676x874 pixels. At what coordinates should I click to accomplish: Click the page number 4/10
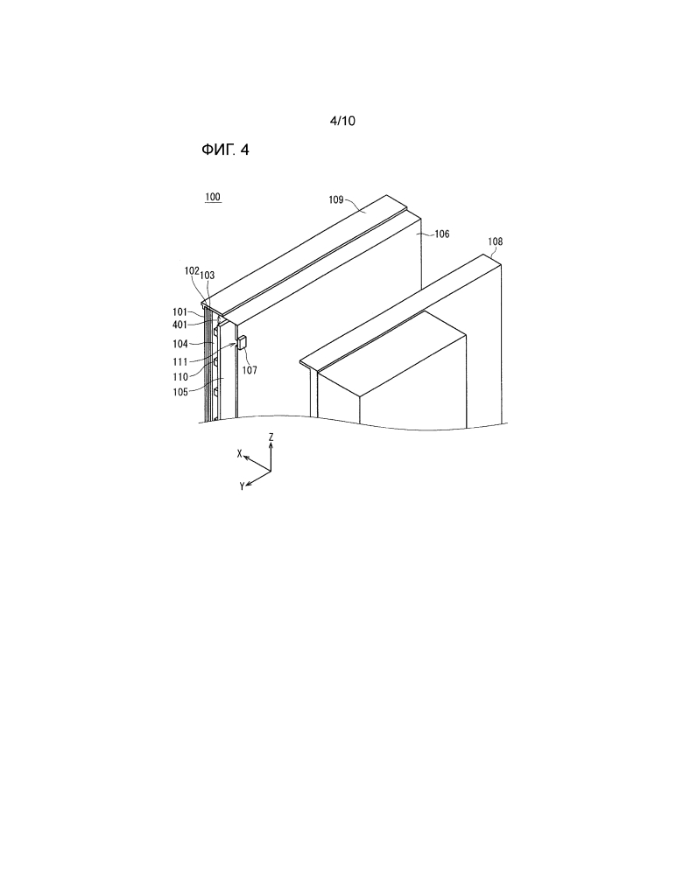(x=342, y=121)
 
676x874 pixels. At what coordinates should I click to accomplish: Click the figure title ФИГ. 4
(x=225, y=150)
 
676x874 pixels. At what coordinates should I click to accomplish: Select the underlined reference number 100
(x=213, y=197)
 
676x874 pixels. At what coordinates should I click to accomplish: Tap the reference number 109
(x=335, y=199)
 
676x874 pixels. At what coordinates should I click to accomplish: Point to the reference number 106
(x=441, y=234)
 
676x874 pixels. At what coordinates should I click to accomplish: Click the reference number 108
(x=496, y=241)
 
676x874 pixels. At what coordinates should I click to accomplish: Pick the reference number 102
(x=192, y=270)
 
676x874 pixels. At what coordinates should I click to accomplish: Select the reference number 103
(x=207, y=276)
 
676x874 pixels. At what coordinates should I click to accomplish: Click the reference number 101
(x=180, y=312)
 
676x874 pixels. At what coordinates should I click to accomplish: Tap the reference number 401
(x=180, y=325)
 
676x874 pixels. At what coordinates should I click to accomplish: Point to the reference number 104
(x=180, y=345)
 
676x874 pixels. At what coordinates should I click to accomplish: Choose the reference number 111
(x=180, y=363)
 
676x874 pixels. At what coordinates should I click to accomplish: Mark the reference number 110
(x=180, y=377)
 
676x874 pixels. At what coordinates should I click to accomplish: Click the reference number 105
(x=180, y=393)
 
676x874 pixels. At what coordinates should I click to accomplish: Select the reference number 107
(x=250, y=370)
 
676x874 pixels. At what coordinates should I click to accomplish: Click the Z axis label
(x=271, y=437)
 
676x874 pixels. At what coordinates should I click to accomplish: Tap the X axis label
(x=239, y=454)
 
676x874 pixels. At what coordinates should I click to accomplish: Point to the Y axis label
(x=242, y=486)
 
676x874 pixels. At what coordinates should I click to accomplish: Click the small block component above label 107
(x=242, y=342)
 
